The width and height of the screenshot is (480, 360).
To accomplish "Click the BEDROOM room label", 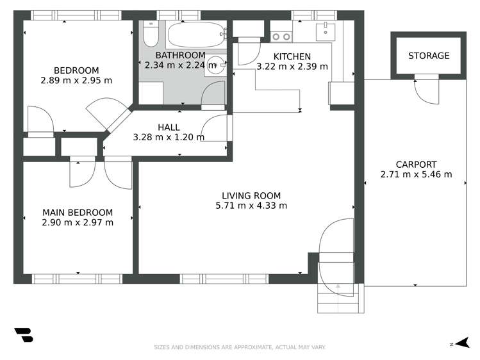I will pos(76,70).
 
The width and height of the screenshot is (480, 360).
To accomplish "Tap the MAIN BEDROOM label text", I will pos(78,213).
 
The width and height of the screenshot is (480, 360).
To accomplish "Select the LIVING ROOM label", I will pos(251,196).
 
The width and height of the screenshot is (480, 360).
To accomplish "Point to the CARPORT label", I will pos(416,164).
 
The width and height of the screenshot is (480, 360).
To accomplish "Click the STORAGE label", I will pos(429,56).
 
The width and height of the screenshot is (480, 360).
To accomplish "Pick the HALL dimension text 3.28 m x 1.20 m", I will pos(169,137).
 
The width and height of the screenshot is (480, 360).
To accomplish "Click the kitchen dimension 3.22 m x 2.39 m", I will pos(292,66).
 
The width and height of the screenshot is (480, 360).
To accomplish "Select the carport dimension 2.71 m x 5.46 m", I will pos(416,174).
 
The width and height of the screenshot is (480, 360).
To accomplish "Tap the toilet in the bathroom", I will pos(149,33).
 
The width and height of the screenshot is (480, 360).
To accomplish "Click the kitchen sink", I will pos(327,29).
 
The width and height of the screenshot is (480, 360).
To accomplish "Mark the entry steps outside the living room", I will pos(340,299).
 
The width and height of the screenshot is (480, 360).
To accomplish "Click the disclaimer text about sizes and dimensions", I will pos(240,347).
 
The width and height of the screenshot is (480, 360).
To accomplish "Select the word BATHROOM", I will pos(180,56).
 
